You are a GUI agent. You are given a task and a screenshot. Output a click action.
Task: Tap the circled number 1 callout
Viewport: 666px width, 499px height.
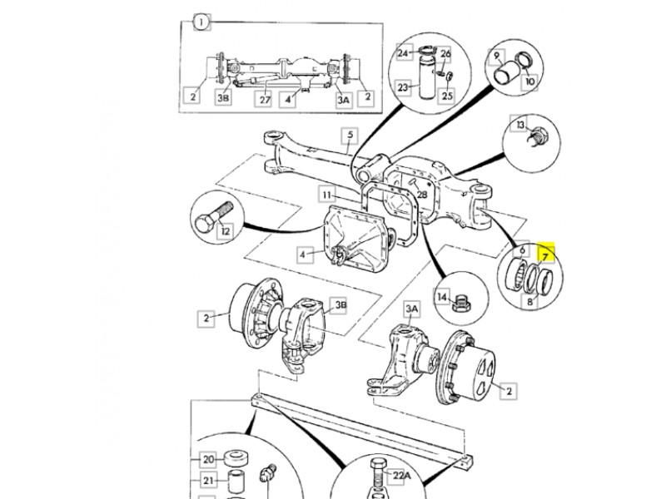point(201,22)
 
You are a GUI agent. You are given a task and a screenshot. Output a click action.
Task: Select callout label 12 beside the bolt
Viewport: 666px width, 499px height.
point(225,231)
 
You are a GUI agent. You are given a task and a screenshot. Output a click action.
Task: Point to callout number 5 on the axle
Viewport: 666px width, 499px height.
point(350,136)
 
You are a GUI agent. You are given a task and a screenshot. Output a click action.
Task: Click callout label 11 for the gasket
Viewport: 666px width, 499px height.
point(326,195)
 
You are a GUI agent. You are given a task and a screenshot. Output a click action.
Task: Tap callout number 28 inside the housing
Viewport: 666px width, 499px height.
point(421,195)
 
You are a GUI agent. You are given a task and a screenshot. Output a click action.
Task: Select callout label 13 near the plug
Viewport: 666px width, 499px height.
point(520,125)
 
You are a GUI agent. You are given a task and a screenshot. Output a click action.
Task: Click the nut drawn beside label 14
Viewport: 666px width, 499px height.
point(460,304)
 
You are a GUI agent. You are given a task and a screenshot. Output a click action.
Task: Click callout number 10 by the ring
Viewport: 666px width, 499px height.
point(529,81)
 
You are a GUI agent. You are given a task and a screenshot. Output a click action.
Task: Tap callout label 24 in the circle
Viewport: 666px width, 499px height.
point(403,53)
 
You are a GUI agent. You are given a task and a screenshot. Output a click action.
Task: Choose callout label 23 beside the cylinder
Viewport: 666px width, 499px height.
point(403,87)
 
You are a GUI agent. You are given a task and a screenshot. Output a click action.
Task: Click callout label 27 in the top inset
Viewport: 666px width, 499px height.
point(265,100)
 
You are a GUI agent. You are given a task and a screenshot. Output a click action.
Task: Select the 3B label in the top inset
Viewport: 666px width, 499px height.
point(223,98)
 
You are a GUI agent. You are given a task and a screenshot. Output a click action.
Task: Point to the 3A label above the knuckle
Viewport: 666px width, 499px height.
point(411,309)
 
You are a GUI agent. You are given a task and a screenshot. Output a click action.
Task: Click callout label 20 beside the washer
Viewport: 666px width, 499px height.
point(208,460)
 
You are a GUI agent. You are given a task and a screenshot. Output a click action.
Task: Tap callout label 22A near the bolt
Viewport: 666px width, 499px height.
point(401,476)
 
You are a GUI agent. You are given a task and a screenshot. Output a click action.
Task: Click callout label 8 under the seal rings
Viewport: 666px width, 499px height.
point(529,302)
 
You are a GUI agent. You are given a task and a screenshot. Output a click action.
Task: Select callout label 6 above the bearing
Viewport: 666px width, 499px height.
point(522,251)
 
